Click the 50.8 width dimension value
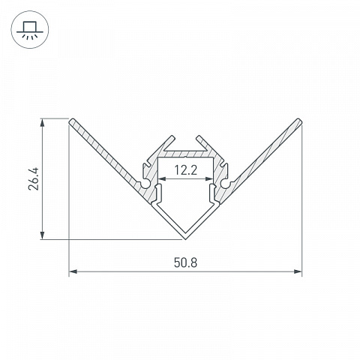tap(185, 262)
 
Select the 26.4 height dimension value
tap(34, 179)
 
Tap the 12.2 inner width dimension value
tap(186, 170)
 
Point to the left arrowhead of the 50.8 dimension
tap(73, 271)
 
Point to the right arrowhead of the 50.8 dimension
tap(298, 271)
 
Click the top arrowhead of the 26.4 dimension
tap(43, 123)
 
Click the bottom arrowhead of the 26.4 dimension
tap(43, 235)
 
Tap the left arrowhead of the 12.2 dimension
tap(163, 178)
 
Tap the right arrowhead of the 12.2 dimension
tap(208, 178)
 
